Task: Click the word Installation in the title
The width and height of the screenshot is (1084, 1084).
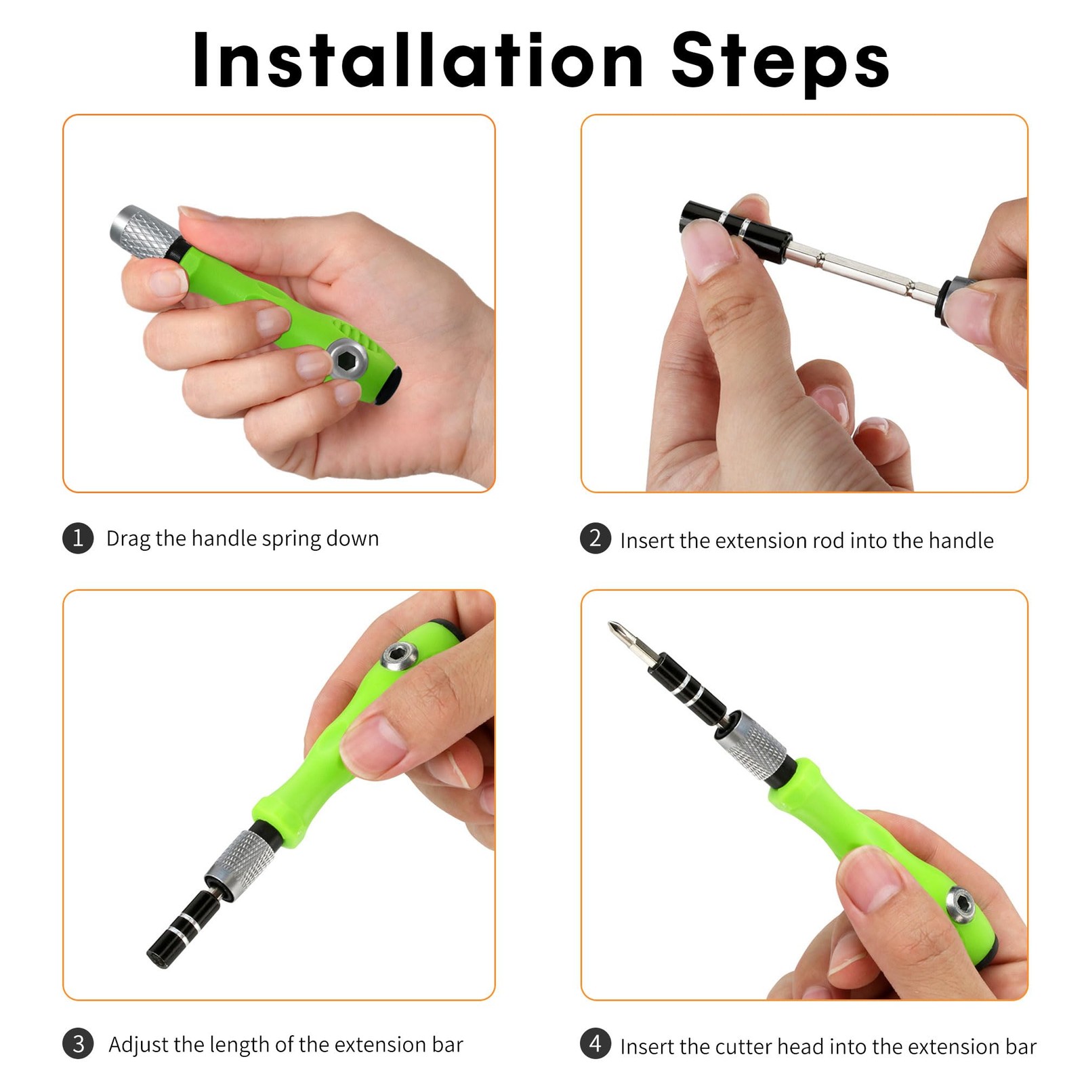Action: (x=417, y=60)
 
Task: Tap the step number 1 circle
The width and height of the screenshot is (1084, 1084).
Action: (x=78, y=539)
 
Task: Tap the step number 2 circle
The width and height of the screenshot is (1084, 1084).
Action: (x=596, y=539)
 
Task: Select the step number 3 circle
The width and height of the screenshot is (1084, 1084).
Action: (x=78, y=1044)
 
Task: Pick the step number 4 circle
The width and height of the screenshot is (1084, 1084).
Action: (x=596, y=1044)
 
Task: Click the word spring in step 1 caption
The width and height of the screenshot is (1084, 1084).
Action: (x=291, y=539)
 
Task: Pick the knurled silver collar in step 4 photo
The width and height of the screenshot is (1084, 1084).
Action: (x=752, y=745)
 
